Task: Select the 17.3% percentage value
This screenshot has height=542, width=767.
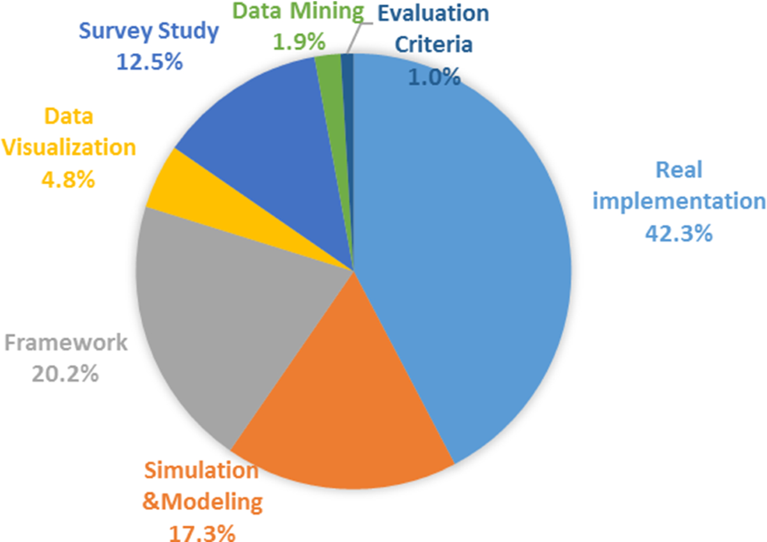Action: coord(202,532)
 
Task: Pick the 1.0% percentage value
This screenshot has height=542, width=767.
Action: coord(434,77)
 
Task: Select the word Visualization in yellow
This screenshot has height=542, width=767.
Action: coord(68,147)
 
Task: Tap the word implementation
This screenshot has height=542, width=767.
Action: coord(678,201)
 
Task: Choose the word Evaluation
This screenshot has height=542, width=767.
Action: coord(433,12)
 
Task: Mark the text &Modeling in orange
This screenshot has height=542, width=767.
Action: coord(202,501)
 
